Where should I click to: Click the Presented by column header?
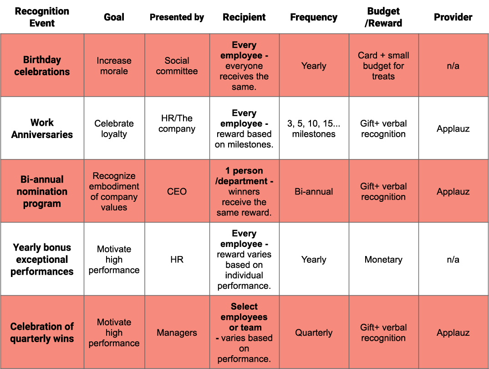click(x=177, y=17)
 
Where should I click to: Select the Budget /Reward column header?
click(x=383, y=17)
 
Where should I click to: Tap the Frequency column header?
click(x=314, y=17)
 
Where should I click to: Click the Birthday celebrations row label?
click(x=42, y=66)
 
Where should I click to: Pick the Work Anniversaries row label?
click(x=42, y=128)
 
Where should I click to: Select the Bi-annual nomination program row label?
click(x=42, y=191)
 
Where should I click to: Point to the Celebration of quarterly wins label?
click(x=42, y=333)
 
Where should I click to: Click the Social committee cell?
click(x=177, y=66)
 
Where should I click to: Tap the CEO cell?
click(x=177, y=191)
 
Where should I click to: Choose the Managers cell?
click(x=177, y=333)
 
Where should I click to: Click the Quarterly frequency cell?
click(x=314, y=333)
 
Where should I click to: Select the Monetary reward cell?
click(x=383, y=260)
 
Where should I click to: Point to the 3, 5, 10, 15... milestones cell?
click(x=314, y=128)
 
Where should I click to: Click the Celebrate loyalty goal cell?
click(x=114, y=128)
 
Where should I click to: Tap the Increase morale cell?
click(x=114, y=66)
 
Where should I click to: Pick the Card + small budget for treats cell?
click(x=383, y=66)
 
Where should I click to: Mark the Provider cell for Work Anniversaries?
click(x=453, y=128)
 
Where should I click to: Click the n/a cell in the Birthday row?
click(x=453, y=66)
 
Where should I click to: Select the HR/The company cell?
click(x=177, y=123)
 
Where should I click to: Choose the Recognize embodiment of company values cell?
click(x=114, y=191)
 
